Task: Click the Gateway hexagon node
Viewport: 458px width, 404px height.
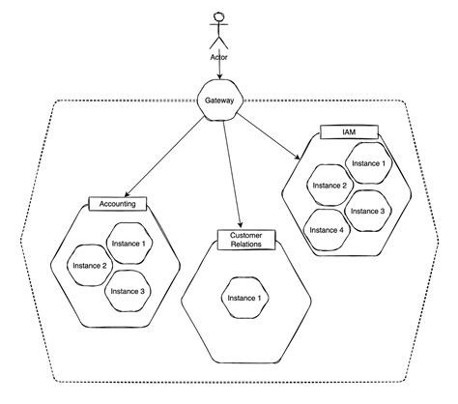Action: (221, 101)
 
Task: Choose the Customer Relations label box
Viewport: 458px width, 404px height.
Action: (245, 240)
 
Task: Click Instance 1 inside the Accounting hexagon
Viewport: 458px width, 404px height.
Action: (129, 243)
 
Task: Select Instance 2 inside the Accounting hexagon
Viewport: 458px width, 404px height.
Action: (90, 264)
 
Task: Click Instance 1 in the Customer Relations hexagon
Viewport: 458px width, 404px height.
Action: (245, 299)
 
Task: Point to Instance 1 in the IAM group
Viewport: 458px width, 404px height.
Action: (367, 162)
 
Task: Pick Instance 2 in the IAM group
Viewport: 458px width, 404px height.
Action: (329, 184)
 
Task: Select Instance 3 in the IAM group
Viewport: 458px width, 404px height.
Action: (368, 209)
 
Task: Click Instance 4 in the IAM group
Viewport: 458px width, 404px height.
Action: (326, 230)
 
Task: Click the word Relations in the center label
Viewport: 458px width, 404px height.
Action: (245, 245)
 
